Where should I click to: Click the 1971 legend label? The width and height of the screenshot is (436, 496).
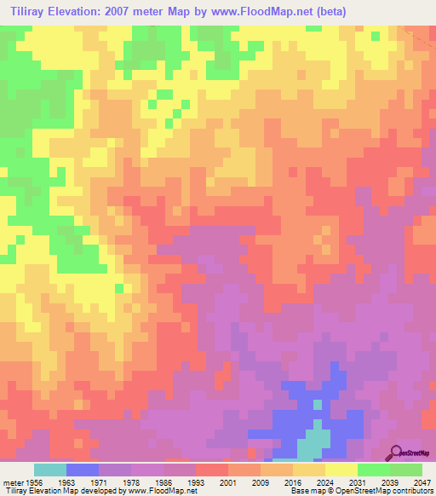pos(99,482)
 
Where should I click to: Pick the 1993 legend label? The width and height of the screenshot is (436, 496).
pos(195,482)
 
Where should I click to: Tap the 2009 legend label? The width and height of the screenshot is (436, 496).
pos(260,482)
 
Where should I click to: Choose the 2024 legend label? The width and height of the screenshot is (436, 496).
pos(324,482)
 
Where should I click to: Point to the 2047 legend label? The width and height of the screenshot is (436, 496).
pos(423,482)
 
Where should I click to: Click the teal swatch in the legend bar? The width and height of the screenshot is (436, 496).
pos(50,470)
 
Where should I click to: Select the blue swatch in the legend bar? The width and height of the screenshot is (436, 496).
pos(83,470)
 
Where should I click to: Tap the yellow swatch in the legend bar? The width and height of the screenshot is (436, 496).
pos(341,470)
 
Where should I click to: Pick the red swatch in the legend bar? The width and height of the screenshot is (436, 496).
pos(211,470)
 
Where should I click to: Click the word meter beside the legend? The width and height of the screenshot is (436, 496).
pos(12,482)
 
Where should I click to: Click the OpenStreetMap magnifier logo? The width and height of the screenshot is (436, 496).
pos(395,452)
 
